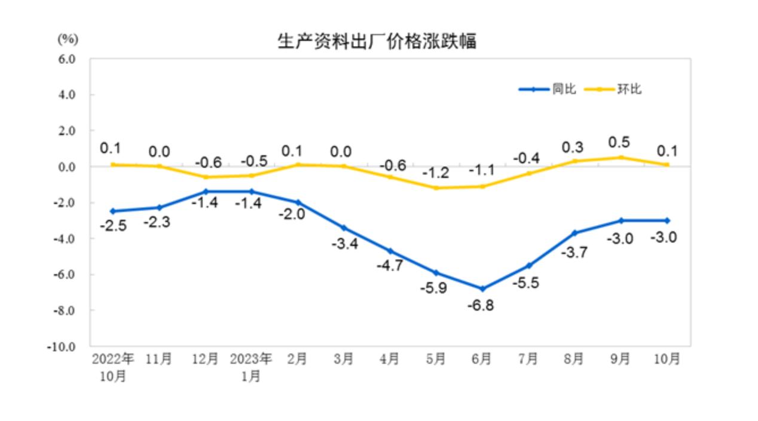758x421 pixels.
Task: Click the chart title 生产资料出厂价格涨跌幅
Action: (x=377, y=41)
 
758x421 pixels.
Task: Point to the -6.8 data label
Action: (x=482, y=306)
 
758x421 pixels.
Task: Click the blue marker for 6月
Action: (x=482, y=288)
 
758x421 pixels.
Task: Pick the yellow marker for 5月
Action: (x=436, y=188)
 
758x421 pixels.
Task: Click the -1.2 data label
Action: (x=436, y=173)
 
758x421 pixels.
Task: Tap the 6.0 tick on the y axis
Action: (x=66, y=59)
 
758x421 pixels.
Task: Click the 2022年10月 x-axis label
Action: (x=112, y=367)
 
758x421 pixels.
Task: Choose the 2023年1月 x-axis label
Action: (x=251, y=367)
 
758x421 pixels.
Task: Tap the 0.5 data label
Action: (x=621, y=143)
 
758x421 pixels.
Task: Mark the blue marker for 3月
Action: (x=343, y=228)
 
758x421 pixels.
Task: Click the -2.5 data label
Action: (x=113, y=226)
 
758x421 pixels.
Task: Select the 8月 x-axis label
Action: (x=574, y=359)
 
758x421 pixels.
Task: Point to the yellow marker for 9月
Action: (x=621, y=158)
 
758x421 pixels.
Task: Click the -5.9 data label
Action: (x=436, y=289)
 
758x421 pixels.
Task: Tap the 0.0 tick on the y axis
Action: (x=66, y=167)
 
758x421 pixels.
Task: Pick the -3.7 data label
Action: (x=574, y=252)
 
